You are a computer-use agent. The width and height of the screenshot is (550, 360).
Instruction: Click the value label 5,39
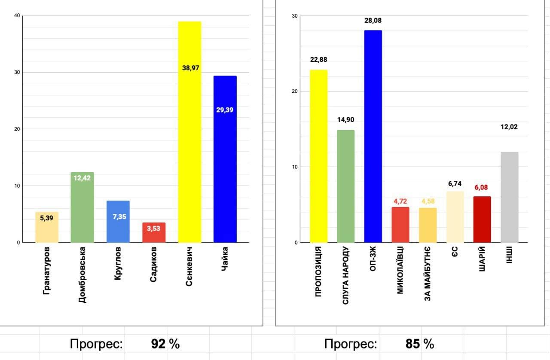(47, 218)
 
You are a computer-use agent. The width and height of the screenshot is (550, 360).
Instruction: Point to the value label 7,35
(118, 217)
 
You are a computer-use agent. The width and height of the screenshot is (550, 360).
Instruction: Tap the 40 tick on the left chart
(17, 16)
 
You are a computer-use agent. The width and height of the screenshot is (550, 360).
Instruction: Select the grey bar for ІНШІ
(509, 197)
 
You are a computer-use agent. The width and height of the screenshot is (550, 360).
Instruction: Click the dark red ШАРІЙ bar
(482, 220)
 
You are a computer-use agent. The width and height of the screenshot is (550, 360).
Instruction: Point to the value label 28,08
(373, 21)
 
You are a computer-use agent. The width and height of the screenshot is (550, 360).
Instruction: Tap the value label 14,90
(346, 120)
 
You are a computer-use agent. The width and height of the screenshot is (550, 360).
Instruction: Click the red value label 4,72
(400, 201)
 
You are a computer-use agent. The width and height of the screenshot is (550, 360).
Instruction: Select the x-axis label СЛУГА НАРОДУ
(346, 275)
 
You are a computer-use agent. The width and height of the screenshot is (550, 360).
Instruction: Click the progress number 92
(159, 344)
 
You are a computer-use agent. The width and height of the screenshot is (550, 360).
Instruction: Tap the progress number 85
(413, 344)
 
